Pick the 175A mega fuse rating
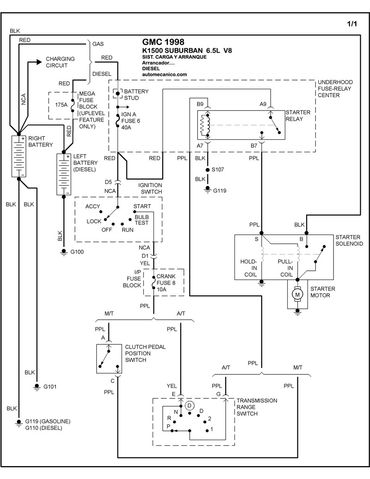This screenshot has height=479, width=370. tap(62, 105)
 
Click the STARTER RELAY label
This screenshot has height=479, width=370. tap(297, 116)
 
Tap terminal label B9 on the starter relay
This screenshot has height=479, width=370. tap(200, 104)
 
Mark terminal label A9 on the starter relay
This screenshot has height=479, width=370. tap(263, 104)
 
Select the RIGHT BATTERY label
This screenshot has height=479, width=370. tap(41, 141)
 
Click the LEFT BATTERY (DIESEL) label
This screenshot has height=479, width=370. tap(85, 163)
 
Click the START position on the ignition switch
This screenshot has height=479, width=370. tap(142, 206)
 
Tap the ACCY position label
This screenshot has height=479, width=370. tap(93, 206)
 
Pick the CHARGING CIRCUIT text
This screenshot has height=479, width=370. tap(56, 63)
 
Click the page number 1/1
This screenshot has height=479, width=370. tap(351, 24)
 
